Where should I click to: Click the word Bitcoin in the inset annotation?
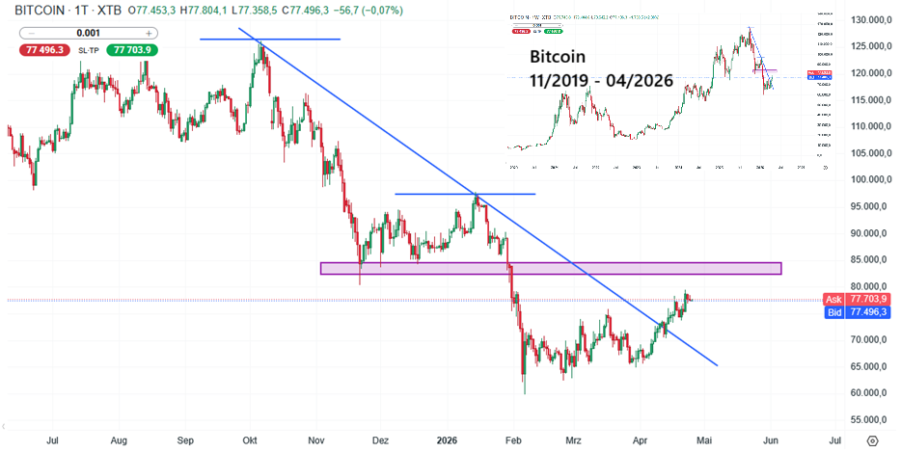(564, 58)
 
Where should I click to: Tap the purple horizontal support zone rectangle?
(550, 267)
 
